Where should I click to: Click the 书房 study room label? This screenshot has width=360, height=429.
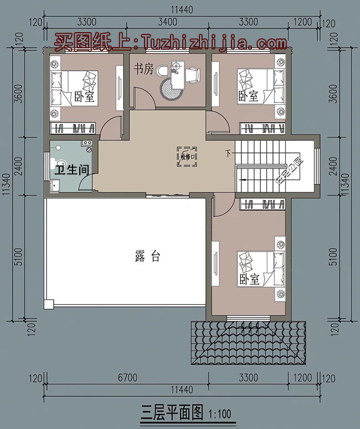(143, 69)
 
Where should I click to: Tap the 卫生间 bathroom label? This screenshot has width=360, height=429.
(71, 170)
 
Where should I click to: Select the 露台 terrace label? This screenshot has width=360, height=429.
(147, 256)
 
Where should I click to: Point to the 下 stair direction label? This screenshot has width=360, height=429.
(228, 152)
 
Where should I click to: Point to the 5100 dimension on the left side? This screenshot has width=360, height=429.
(18, 258)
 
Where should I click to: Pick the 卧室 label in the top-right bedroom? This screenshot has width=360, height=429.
(249, 96)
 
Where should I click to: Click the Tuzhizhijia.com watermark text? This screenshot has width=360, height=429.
(171, 42)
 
